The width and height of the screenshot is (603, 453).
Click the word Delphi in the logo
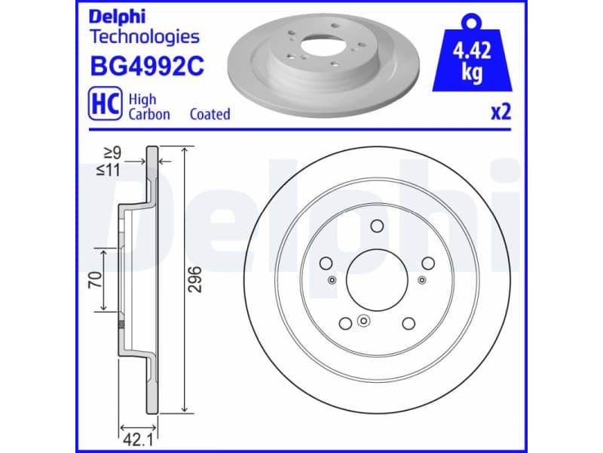[118, 17]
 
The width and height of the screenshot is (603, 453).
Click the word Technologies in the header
[145, 36]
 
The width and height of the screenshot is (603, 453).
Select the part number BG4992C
[147, 67]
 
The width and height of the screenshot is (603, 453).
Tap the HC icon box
[103, 106]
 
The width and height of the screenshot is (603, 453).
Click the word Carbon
[149, 115]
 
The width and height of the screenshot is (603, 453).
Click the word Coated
[210, 115]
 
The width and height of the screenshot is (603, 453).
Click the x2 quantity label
[500, 112]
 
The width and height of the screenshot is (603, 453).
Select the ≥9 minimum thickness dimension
[112, 153]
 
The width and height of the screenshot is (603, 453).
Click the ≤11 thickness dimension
[109, 170]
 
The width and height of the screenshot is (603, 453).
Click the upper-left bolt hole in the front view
[326, 263]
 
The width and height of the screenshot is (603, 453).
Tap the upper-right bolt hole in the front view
[428, 263]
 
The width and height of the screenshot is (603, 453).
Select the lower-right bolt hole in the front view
[409, 323]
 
